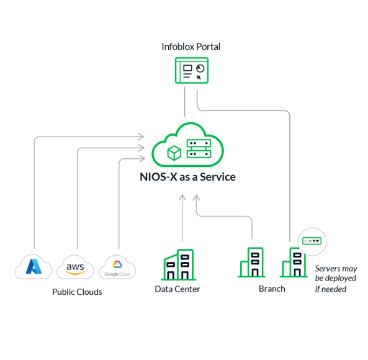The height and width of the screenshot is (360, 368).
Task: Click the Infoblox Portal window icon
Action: click(192, 70)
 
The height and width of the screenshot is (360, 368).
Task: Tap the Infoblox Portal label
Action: click(191, 47)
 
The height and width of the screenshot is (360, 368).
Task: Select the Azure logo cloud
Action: click(34, 267)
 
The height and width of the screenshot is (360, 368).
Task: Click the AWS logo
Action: click(75, 269)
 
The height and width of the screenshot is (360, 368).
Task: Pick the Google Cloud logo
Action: click(117, 269)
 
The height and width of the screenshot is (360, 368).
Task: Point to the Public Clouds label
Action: click(77, 292)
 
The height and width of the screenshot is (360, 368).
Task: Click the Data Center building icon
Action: click(179, 264)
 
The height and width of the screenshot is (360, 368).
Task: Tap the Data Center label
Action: click(177, 289)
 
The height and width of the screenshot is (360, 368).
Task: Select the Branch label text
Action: click(272, 289)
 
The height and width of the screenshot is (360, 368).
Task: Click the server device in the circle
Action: click(312, 241)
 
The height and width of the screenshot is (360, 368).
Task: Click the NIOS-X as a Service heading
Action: click(187, 177)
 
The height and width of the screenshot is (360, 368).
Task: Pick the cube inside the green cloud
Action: click(174, 153)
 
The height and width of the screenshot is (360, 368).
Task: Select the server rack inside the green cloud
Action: click(199, 148)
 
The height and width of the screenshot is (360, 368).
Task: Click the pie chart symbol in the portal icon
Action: click(200, 68)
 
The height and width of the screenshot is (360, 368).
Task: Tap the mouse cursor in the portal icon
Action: click(199, 77)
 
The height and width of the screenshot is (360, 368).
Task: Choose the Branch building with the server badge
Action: click(294, 263)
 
